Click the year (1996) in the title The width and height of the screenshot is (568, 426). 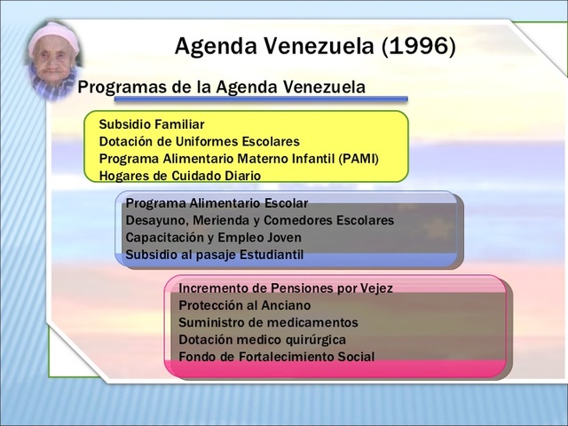(x=419, y=45)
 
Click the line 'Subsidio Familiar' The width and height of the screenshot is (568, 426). (x=151, y=124)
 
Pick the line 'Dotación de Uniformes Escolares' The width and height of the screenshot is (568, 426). (x=199, y=141)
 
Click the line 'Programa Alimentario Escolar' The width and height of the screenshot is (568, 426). (x=217, y=202)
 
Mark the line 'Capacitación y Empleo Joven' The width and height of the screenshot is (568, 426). (x=213, y=237)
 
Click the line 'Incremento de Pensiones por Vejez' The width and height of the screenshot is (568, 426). (x=285, y=288)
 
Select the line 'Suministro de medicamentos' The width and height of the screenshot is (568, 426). (x=268, y=322)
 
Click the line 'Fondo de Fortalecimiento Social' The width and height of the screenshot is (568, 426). (x=276, y=357)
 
